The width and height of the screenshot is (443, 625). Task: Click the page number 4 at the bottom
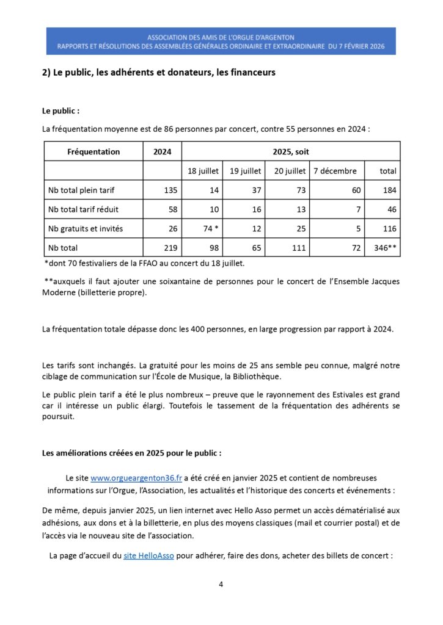point(221,584)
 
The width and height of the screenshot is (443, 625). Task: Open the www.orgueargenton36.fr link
point(131,477)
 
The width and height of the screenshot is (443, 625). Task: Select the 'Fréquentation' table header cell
point(93,151)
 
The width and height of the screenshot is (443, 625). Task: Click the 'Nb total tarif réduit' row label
point(83,209)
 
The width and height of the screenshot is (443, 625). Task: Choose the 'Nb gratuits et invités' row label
point(86,229)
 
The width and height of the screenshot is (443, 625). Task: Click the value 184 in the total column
point(389,190)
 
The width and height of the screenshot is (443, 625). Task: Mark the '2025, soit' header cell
point(291,151)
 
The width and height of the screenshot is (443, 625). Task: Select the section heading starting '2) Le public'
point(159,72)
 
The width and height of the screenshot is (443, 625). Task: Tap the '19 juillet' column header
point(246,171)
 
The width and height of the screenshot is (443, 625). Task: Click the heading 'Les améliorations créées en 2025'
point(131,453)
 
